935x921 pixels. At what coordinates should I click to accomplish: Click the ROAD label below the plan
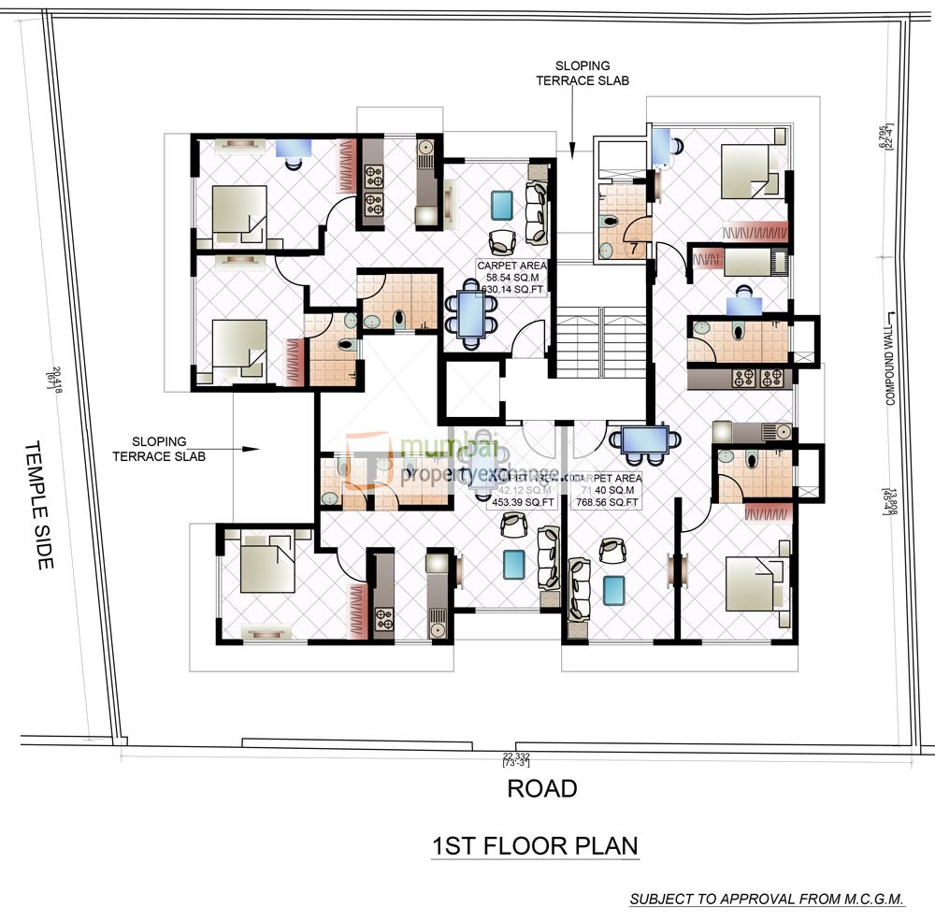click(x=541, y=788)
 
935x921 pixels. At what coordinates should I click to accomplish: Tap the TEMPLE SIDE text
click(x=38, y=504)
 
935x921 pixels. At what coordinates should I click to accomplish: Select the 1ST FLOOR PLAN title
click(x=534, y=846)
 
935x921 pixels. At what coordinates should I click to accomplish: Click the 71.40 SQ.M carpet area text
click(x=611, y=490)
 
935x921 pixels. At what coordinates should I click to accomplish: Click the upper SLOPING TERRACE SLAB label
click(x=572, y=73)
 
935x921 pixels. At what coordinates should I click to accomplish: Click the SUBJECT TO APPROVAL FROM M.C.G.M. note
click(x=767, y=899)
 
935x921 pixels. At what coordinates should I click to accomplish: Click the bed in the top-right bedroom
click(x=748, y=165)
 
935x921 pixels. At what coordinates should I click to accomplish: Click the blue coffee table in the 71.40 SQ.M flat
click(x=613, y=590)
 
